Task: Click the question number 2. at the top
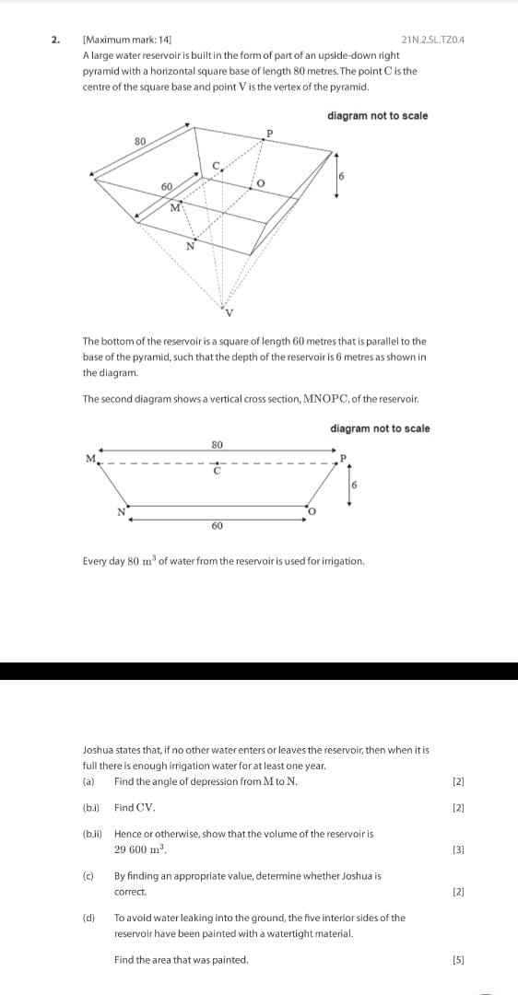55,40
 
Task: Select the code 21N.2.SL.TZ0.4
433,40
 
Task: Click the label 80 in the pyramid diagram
140,141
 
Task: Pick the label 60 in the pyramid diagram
167,186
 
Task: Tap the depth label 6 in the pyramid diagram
341,176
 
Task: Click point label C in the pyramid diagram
218,164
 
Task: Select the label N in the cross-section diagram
120,511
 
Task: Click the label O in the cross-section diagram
312,511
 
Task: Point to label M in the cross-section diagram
90,458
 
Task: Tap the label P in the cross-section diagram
342,458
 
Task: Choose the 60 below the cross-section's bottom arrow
217,525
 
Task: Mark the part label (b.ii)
94,834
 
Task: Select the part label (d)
88,918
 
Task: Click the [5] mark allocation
458,960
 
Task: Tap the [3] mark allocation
458,849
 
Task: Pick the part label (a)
88,782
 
